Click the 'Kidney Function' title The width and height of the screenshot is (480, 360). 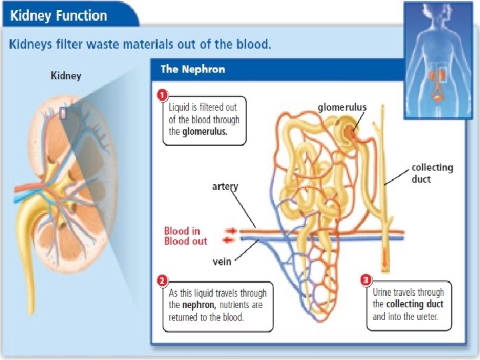[x=58, y=15]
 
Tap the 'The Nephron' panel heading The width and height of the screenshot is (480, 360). [x=193, y=69]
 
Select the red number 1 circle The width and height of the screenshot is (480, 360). [x=161, y=95]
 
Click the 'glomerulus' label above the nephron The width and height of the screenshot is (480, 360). [x=341, y=107]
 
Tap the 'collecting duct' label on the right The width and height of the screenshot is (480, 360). [x=432, y=173]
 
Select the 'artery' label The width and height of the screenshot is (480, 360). [x=225, y=187]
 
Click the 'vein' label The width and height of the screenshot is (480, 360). [x=222, y=261]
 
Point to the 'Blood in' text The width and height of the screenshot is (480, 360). [x=182, y=231]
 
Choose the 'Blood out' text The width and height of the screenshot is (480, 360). [x=186, y=241]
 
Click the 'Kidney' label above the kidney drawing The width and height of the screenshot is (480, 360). [x=66, y=75]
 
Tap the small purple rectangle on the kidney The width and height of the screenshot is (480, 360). [x=63, y=114]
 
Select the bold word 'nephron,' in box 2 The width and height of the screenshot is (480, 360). [x=197, y=305]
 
